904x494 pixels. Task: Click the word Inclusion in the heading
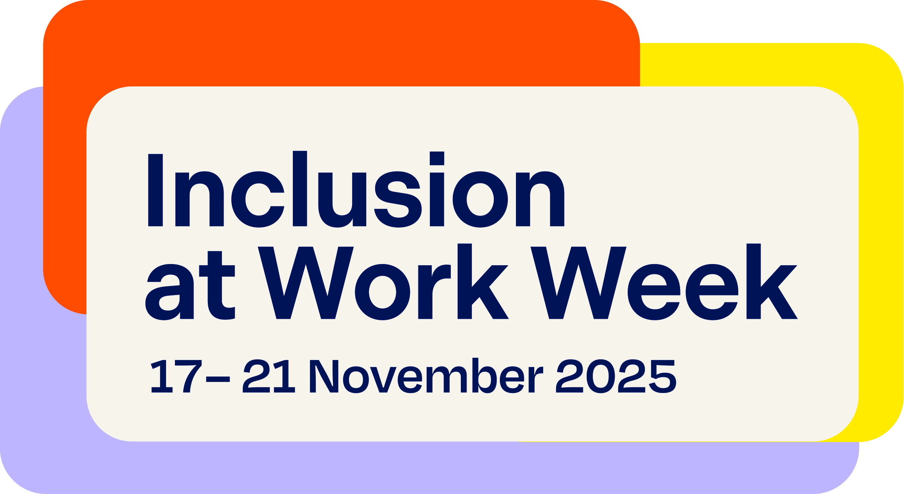point(356,189)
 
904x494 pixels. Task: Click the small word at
point(190,285)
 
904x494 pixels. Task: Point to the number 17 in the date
point(176,377)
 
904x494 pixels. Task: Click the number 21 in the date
point(269,376)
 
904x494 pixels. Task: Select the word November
point(426,375)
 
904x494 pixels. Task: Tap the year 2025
point(616,376)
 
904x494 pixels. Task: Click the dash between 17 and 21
point(218,379)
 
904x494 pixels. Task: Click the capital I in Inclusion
point(155,190)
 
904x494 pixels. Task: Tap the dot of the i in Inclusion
point(437,158)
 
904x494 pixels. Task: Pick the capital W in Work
point(306,283)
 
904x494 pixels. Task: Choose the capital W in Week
point(578,283)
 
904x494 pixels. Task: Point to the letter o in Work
point(382,292)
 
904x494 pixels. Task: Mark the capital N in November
point(324,376)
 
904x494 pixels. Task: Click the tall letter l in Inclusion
point(300,189)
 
